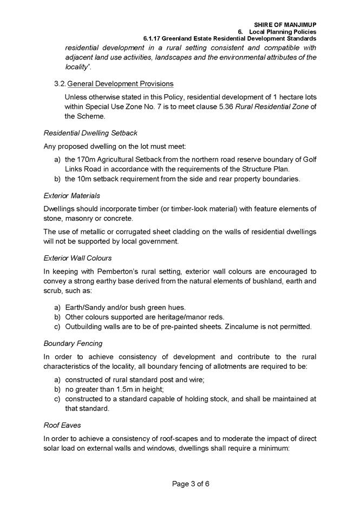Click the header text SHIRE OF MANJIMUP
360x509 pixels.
tap(285, 25)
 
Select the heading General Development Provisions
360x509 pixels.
tap(120, 84)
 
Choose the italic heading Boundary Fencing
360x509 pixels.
tap(73, 342)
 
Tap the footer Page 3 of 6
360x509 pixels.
tap(191, 484)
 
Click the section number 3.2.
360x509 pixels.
tap(60, 84)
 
